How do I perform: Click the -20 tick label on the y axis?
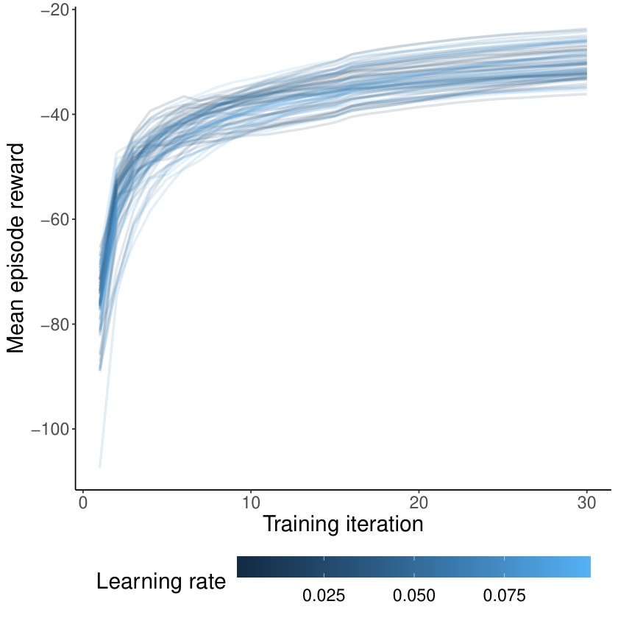(x=54, y=10)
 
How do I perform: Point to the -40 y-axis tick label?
(x=54, y=115)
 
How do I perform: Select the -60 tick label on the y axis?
(x=54, y=219)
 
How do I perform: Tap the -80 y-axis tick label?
(x=54, y=324)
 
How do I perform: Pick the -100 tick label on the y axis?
(x=50, y=429)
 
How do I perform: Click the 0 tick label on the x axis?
(x=82, y=503)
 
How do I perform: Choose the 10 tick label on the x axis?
(x=251, y=503)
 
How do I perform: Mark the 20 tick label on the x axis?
(x=419, y=503)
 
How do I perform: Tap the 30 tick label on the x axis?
(x=587, y=503)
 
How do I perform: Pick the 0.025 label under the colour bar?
(x=324, y=595)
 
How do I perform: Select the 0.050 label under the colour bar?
(x=413, y=595)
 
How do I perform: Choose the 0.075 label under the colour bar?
(x=504, y=595)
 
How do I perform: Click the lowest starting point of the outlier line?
(x=100, y=467)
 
